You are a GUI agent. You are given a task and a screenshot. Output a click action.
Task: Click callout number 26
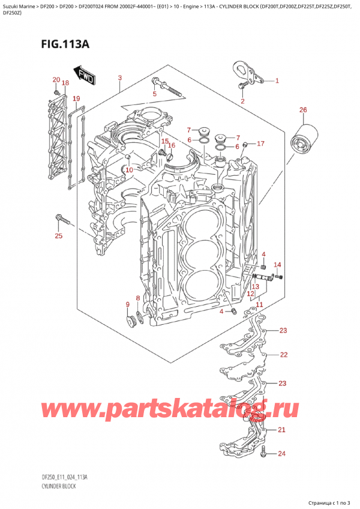coord(303,110)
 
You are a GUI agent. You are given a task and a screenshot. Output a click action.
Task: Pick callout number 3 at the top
coord(120,78)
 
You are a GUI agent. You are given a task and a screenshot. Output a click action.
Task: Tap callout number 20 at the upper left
coord(56,80)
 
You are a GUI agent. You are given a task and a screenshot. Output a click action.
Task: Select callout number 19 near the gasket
coord(76,98)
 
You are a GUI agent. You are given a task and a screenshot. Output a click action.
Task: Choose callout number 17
coord(260,144)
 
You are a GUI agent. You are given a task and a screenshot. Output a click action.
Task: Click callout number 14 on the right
coord(277,265)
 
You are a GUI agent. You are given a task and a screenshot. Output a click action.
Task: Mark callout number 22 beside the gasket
coord(283,355)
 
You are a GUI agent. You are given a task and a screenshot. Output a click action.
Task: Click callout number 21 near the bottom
coord(283,430)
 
